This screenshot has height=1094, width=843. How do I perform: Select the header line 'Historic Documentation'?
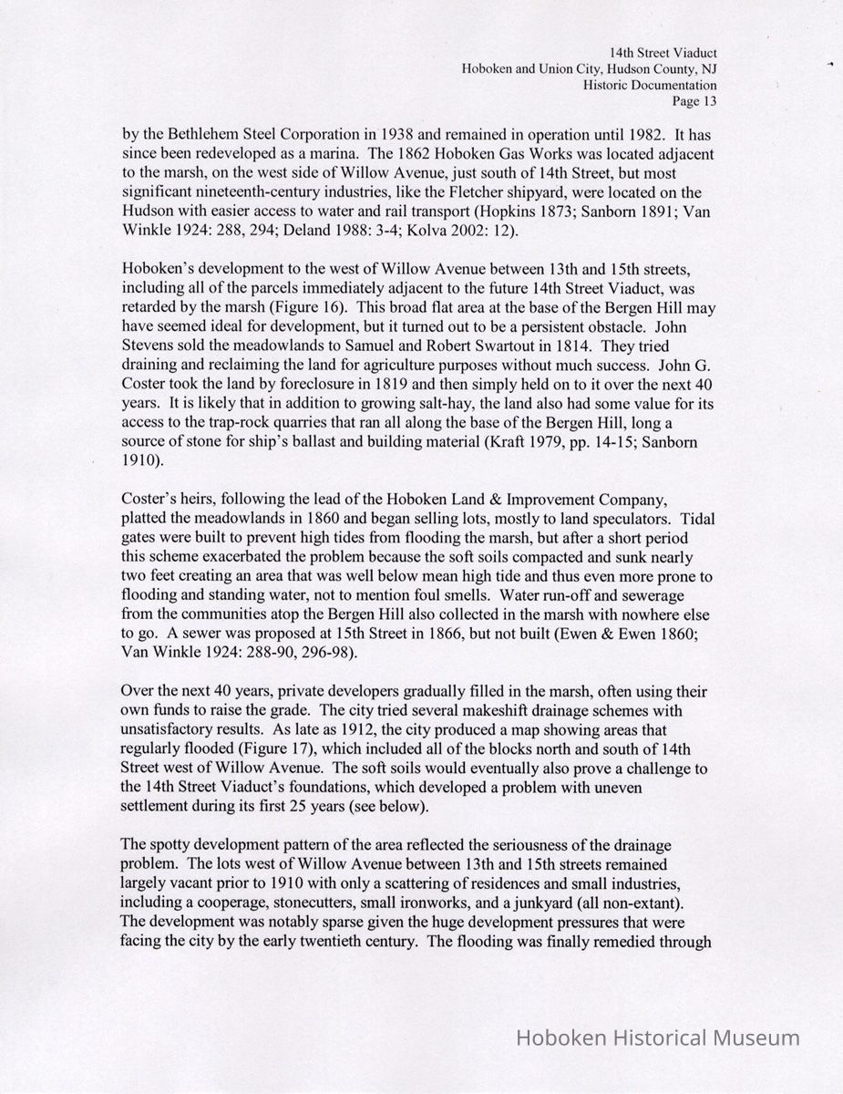(x=650, y=86)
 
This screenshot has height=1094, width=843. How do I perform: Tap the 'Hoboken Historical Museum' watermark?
(x=658, y=1037)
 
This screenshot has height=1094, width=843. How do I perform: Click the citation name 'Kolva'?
(x=412, y=231)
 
